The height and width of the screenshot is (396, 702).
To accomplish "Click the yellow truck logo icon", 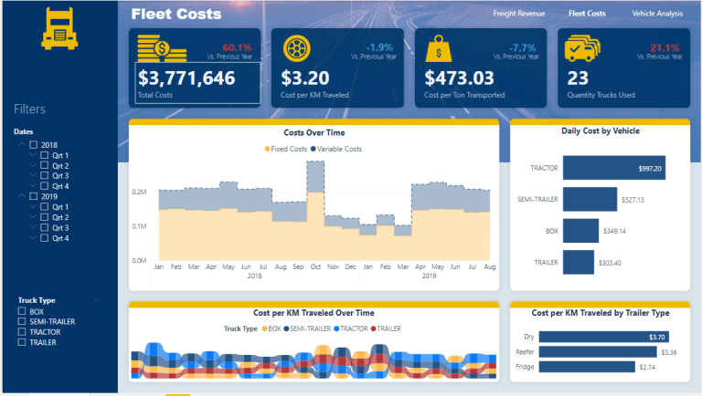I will tap(59, 29).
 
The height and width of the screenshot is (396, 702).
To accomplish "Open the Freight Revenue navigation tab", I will tap(518, 15).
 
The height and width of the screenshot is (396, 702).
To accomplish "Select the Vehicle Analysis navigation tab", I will tap(657, 15).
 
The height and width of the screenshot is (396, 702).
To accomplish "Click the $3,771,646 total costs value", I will tap(186, 78).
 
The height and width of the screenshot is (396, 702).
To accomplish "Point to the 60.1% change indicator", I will tap(236, 47).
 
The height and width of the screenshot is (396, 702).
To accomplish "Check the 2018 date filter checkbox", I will tap(34, 145).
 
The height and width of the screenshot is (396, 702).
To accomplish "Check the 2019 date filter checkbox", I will tap(34, 196).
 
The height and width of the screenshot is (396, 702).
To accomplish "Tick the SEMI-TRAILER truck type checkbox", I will tap(23, 322).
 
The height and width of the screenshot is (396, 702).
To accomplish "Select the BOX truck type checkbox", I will tap(23, 311).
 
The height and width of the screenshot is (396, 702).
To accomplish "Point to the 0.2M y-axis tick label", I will tap(139, 193).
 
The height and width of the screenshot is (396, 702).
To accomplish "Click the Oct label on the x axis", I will tap(316, 267).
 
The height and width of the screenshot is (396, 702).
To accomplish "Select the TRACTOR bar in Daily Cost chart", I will tap(612, 168).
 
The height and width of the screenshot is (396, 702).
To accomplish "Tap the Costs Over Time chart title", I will tap(314, 132).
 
